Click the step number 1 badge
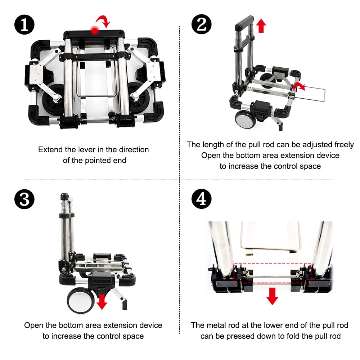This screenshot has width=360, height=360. pyautogui.click(x=24, y=25)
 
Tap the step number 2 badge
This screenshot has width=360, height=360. pyautogui.click(x=202, y=24)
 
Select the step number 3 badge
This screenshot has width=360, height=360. pyautogui.click(x=24, y=199)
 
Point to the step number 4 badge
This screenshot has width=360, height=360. pyautogui.click(x=202, y=199)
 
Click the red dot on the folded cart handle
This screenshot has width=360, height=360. pyautogui.click(x=95, y=30)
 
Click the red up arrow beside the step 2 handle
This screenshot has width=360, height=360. pyautogui.click(x=261, y=26)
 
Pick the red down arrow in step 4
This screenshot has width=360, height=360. pyautogui.click(x=272, y=296)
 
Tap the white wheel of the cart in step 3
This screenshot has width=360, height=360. pyautogui.click(x=81, y=301)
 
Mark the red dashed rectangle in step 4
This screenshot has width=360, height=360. pyautogui.click(x=272, y=263)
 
